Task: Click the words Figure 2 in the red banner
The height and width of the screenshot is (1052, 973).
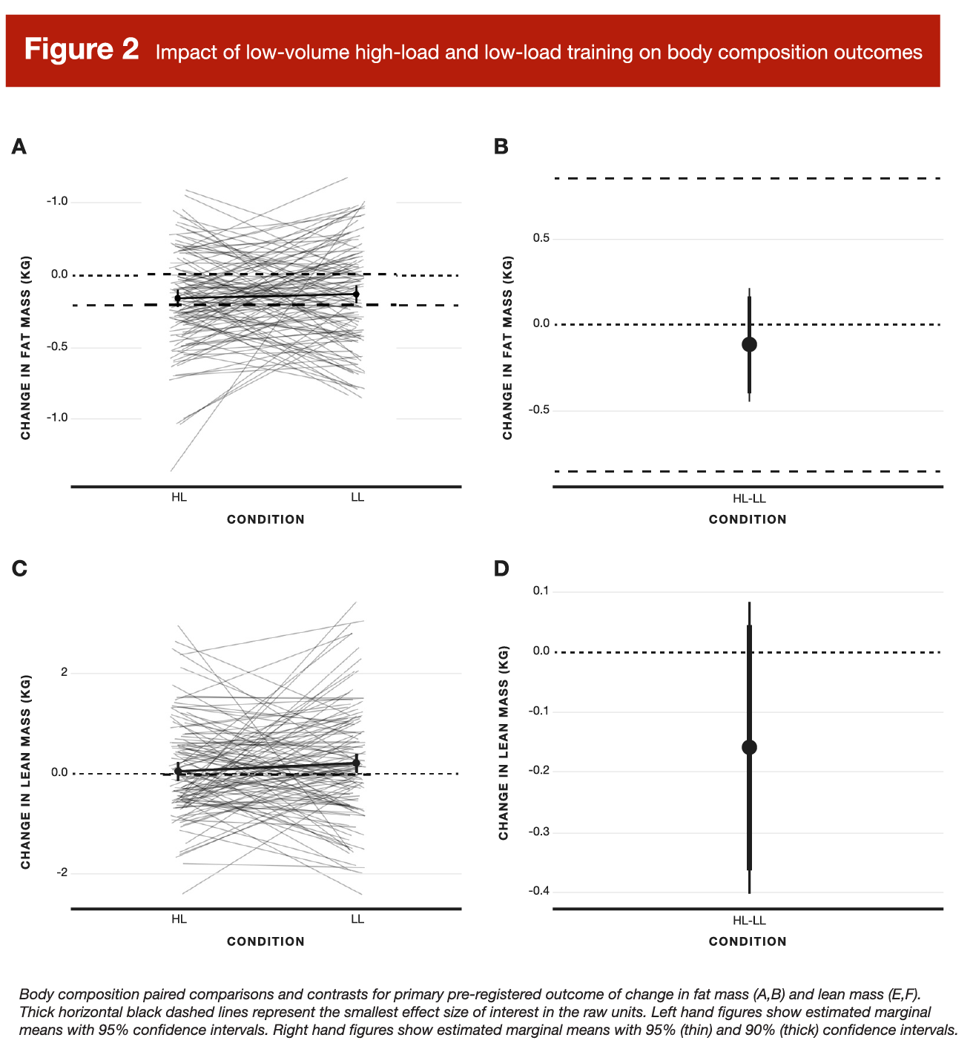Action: pyautogui.click(x=82, y=50)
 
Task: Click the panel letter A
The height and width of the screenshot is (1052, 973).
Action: pyautogui.click(x=19, y=147)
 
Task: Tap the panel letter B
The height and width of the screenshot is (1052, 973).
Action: pyautogui.click(x=501, y=147)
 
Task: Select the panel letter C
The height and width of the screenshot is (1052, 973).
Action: pyautogui.click(x=20, y=568)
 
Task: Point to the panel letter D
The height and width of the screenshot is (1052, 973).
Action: pyautogui.click(x=502, y=568)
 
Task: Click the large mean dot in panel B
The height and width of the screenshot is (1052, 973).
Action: pyautogui.click(x=749, y=344)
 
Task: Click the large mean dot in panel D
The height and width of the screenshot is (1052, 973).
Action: pyautogui.click(x=749, y=747)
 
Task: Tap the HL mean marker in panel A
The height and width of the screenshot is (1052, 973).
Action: pyautogui.click(x=178, y=298)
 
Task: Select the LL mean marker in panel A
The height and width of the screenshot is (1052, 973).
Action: pyautogui.click(x=357, y=294)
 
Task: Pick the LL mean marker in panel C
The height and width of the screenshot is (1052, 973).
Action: pyautogui.click(x=357, y=763)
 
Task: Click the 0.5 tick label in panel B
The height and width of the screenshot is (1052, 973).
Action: pyautogui.click(x=541, y=238)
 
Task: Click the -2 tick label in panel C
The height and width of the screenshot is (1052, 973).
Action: pyautogui.click(x=62, y=872)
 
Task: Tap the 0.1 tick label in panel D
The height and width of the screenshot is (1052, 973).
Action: pyautogui.click(x=541, y=591)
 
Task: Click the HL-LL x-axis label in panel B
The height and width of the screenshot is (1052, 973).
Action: pyautogui.click(x=749, y=499)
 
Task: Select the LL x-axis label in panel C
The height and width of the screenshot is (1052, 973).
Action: pyautogui.click(x=357, y=919)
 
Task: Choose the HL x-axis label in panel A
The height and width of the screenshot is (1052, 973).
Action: pyautogui.click(x=179, y=497)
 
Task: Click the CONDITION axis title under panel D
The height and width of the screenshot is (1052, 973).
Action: pyautogui.click(x=748, y=941)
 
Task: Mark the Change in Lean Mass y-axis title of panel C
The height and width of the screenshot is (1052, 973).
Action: pyautogui.click(x=26, y=772)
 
